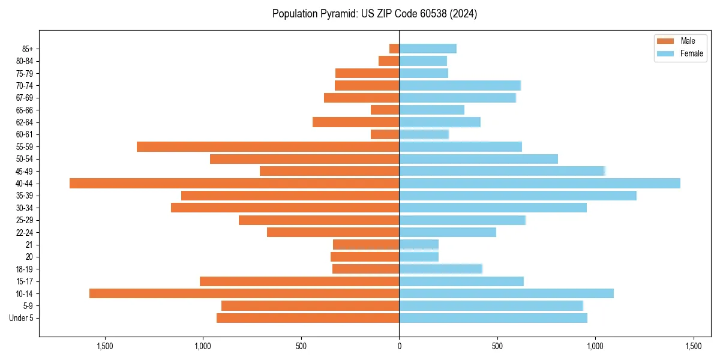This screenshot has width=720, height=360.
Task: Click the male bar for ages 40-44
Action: click(x=234, y=183)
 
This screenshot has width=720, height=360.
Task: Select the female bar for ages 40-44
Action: click(x=540, y=183)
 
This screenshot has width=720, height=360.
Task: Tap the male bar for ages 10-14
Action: click(x=244, y=293)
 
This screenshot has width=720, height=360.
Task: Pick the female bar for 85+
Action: click(x=428, y=49)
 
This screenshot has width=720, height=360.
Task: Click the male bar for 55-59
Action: click(x=268, y=146)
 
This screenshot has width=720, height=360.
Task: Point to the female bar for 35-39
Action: click(x=518, y=196)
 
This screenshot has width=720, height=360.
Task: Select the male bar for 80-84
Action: click(x=389, y=61)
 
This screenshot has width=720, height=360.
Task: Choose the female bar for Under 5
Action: click(x=493, y=318)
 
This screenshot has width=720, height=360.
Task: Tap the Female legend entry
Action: click(x=681, y=53)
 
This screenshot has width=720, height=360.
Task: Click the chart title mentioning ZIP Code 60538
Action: click(x=374, y=14)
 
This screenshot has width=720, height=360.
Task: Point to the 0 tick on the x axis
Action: click(x=399, y=346)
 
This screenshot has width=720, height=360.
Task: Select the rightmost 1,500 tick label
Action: click(x=693, y=346)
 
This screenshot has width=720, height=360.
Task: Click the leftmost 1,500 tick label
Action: click(x=105, y=346)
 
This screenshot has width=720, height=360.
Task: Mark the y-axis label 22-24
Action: click(x=24, y=232)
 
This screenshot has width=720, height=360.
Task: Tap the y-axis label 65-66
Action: click(x=24, y=110)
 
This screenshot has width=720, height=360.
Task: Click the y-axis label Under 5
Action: click(x=21, y=318)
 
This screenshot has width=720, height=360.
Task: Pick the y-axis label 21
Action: click(x=29, y=244)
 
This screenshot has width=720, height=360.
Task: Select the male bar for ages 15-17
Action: click(x=299, y=281)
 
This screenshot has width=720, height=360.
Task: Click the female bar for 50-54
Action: click(x=478, y=159)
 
